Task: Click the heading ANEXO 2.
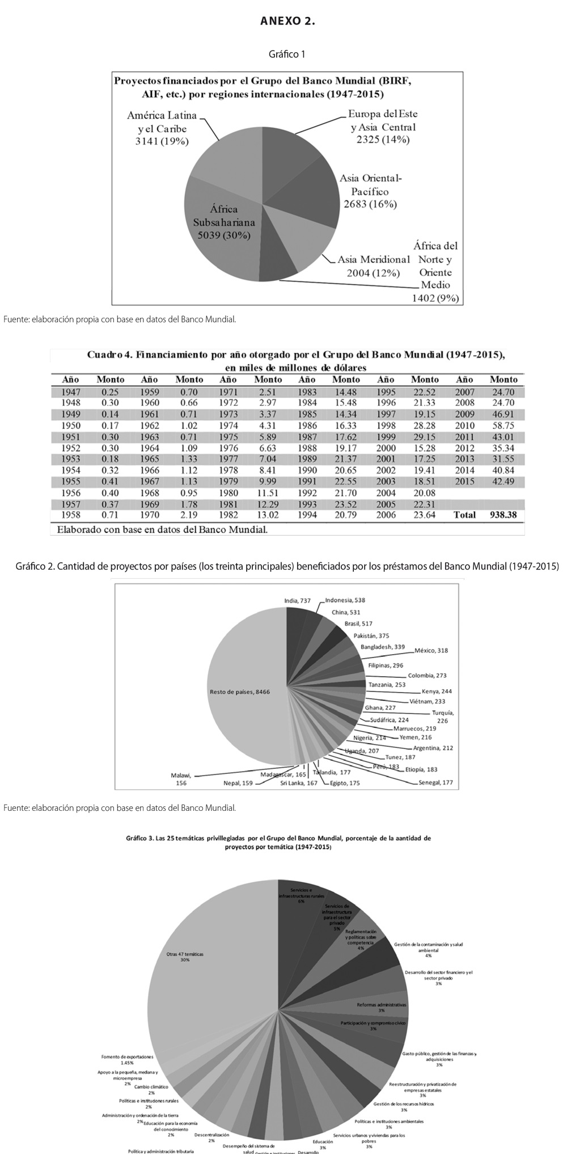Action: pos(287,22)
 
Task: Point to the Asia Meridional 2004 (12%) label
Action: pos(373,266)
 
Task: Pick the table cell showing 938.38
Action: pos(503,515)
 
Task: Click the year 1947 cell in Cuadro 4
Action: pos(71,391)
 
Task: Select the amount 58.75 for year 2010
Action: pos(503,426)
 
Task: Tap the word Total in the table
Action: pos(464,515)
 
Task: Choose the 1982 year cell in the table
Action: pos(228,515)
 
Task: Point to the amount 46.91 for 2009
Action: pos(503,414)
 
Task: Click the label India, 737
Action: pos(297,600)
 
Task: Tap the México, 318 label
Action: pos(431,650)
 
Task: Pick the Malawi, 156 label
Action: pos(182,779)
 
